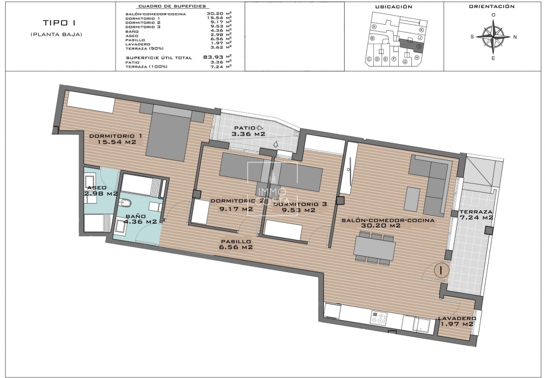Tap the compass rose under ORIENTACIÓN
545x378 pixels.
[x=494, y=36]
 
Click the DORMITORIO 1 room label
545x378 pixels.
[x=116, y=139]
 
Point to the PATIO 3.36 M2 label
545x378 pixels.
[x=248, y=131]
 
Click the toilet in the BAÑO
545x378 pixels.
[x=127, y=203]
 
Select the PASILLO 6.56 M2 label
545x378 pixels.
[x=236, y=244]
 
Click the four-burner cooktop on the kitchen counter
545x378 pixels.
[x=379, y=318]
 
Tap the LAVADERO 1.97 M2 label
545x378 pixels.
[x=457, y=321]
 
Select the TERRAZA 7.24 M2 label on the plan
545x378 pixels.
[x=476, y=215]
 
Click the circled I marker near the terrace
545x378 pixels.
[x=442, y=270]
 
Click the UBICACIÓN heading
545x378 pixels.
[x=394, y=7]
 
